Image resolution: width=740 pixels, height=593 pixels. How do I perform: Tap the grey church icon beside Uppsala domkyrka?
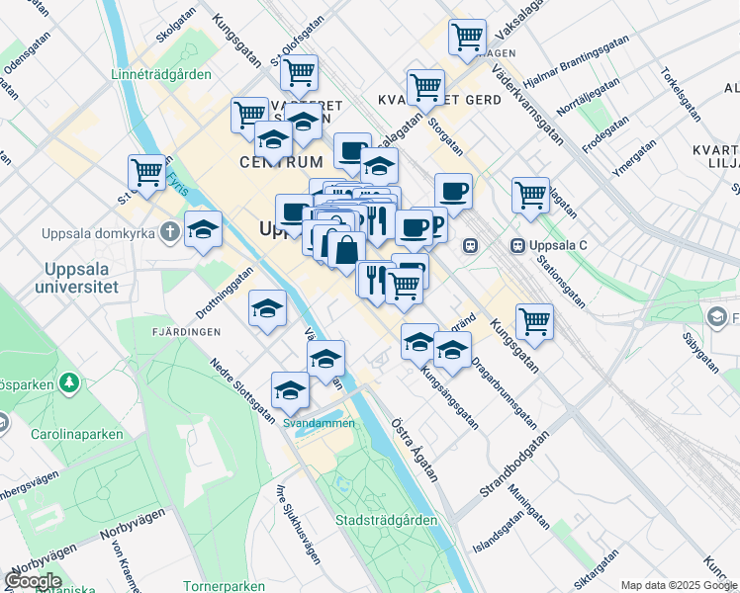pyautogui.click(x=171, y=233)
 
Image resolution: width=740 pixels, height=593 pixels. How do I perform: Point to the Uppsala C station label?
pyautogui.click(x=561, y=244)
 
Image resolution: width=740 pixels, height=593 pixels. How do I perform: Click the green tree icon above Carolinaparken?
pyautogui.click(x=69, y=381)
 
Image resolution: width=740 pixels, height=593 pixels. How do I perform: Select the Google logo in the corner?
pyautogui.click(x=33, y=581)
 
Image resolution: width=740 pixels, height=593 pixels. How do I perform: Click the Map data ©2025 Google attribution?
pyautogui.click(x=678, y=585)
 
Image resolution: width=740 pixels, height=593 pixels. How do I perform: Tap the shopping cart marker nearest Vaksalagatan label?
pyautogui.click(x=467, y=38)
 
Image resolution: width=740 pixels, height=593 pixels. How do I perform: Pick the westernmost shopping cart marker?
pyautogui.click(x=146, y=172)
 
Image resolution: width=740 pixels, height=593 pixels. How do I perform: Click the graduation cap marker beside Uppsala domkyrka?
pyautogui.click(x=203, y=230)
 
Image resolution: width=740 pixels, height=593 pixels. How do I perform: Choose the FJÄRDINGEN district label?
pyautogui.click(x=187, y=332)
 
